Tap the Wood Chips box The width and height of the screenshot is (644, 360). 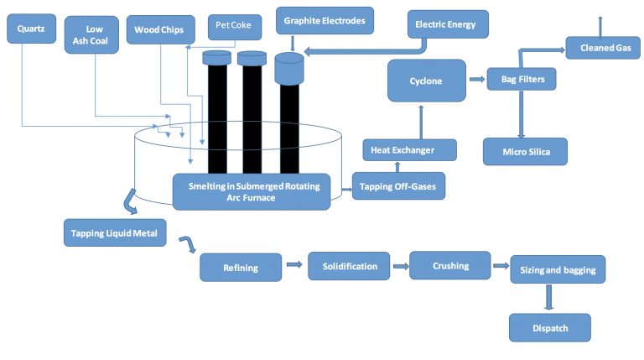coord(159,30)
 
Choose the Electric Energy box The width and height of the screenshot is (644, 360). coord(445,24)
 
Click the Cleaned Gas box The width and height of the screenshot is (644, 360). coord(605,48)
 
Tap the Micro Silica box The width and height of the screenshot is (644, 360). coord(525,151)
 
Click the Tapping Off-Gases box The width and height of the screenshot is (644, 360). coord(398,185)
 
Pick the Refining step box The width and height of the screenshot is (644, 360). coord(240,268)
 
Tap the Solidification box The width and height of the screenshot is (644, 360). coord(348,266)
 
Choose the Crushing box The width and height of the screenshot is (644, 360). coord(450,266)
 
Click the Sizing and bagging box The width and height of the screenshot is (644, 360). coord(557,270)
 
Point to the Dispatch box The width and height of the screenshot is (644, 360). coord(549,327)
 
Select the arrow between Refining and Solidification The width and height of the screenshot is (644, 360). coord(293,266)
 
